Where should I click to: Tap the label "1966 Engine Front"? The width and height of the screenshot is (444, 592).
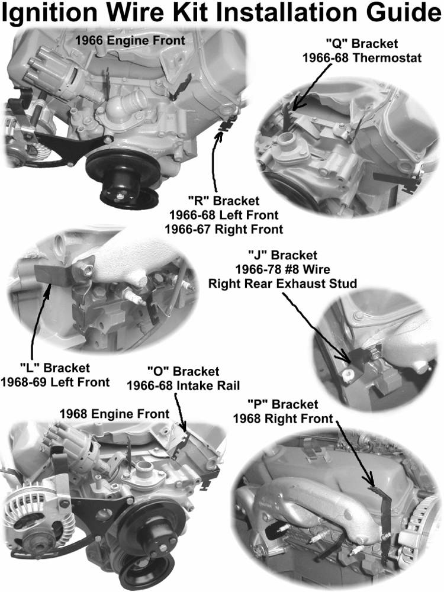click(130, 41)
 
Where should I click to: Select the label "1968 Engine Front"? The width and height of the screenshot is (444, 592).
click(114, 414)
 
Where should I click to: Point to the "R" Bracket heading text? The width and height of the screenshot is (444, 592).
click(224, 201)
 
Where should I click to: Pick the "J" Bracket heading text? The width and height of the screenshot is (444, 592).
click(283, 255)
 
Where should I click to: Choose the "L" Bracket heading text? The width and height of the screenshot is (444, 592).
click(54, 368)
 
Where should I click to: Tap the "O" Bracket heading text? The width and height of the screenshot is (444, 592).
click(183, 372)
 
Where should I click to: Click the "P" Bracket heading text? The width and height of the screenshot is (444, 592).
click(283, 404)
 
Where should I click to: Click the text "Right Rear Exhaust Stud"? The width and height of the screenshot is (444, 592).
click(283, 283)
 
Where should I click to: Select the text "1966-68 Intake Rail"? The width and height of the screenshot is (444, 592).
click(183, 386)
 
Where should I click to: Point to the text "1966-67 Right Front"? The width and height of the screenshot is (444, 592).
click(224, 229)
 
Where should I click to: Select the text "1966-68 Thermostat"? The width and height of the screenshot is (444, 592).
click(362, 58)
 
